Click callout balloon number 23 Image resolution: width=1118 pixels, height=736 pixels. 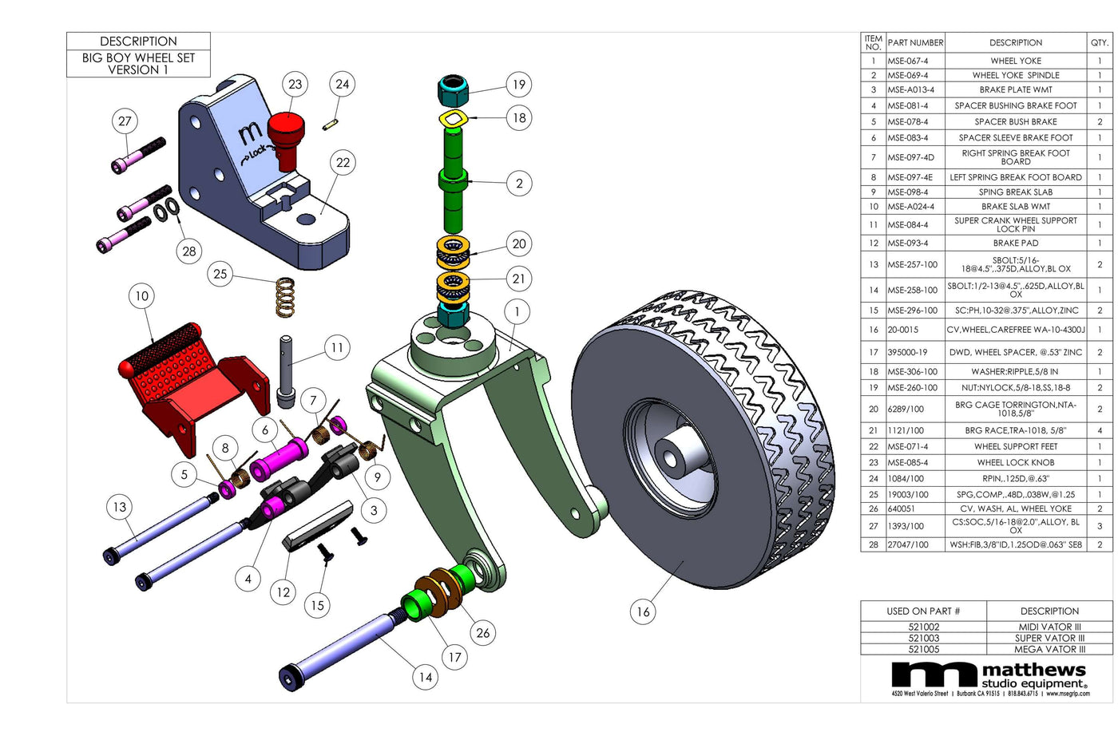pos(295,84)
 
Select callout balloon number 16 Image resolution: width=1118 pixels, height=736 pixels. pos(643,612)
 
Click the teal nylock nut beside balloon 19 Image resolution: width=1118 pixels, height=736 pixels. pos(453,91)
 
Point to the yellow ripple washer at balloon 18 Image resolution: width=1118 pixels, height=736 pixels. pos(453,120)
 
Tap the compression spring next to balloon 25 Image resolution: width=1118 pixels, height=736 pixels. pos(284,296)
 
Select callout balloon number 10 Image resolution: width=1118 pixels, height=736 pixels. pos(141,296)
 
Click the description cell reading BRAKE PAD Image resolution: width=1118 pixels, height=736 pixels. pos(1015,243)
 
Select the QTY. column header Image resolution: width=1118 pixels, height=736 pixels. pos(1099,42)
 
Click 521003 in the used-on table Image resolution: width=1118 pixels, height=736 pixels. pos(923,638)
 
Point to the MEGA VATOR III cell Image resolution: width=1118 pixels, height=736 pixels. pos(1049,649)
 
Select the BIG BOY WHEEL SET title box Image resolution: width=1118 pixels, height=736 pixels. pos(138,63)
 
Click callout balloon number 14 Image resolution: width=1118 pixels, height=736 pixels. pos(426,678)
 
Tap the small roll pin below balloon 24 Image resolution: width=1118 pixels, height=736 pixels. pos(329,124)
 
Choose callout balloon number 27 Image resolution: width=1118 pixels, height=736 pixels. pos(125,121)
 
